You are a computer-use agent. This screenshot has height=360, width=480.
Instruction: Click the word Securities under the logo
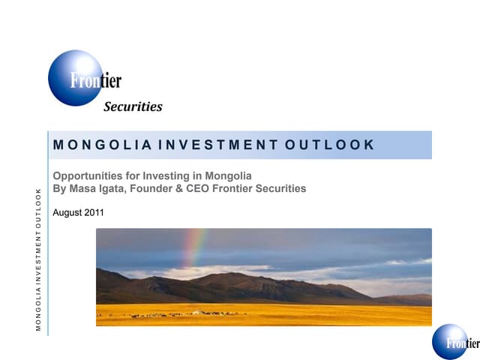pos(133,106)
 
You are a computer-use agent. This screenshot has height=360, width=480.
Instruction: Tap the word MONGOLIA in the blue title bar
pos(100,145)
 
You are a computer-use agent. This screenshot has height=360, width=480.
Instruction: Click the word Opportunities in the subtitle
pos(87,175)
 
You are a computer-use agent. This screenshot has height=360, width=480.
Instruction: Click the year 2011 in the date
pos(93,213)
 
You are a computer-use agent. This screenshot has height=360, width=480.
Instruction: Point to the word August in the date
pos(67,213)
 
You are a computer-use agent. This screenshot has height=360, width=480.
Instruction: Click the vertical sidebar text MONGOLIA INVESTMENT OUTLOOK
pos(38,259)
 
